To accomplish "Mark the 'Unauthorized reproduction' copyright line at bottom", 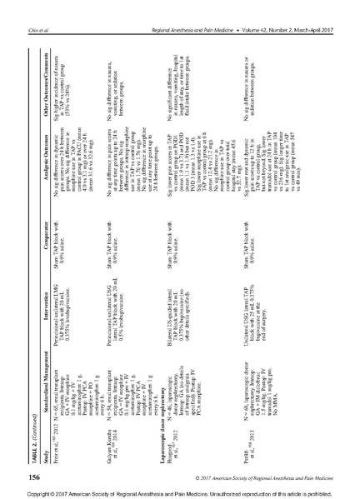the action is [x=179, y=492].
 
